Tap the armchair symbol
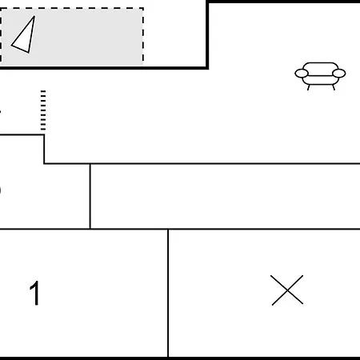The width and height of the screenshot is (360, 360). [320, 76]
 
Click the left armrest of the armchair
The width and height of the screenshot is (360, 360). [302, 73]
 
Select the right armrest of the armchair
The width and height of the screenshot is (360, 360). [339, 73]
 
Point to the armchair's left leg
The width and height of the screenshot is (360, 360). [309, 87]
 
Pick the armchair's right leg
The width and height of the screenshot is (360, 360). [334, 87]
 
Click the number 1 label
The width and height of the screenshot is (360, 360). [35, 293]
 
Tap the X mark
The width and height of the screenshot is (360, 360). [287, 290]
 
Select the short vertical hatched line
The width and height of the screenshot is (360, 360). [43, 110]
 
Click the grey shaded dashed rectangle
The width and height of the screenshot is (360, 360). [71, 38]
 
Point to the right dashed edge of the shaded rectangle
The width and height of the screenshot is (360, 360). [143, 37]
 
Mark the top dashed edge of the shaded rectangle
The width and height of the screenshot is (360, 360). [71, 9]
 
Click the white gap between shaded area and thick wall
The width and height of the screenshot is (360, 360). [174, 34]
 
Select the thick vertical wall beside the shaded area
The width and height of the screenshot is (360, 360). [207, 34]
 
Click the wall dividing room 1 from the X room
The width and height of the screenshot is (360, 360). [168, 293]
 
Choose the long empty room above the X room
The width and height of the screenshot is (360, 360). [225, 196]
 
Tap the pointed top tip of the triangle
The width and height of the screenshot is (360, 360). [34, 17]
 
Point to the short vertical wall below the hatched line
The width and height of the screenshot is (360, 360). [44, 149]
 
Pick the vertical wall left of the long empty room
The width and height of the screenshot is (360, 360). [90, 196]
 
